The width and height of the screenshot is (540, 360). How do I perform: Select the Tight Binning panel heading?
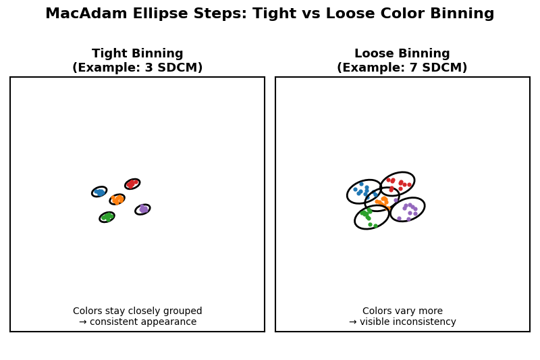(138, 54)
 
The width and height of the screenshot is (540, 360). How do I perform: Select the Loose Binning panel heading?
(402, 54)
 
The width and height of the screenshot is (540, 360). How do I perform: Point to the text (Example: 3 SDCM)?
(138, 68)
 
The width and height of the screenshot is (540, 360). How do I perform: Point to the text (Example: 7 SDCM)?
(402, 68)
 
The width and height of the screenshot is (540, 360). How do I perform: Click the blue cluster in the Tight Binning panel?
(99, 192)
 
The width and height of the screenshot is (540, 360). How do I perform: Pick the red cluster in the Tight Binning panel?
(132, 184)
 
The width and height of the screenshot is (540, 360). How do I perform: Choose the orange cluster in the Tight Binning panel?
(117, 199)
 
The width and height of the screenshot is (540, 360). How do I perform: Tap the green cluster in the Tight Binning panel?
(107, 217)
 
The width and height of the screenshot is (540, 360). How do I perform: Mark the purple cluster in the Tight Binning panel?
(142, 209)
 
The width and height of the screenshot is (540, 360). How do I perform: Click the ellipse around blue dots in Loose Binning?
(364, 192)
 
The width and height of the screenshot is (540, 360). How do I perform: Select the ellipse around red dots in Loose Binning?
(398, 184)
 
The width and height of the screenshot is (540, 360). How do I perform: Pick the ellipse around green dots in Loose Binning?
(372, 217)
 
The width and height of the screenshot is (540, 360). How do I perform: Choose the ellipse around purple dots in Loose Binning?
(408, 209)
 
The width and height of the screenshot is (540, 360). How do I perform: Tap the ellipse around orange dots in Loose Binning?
(382, 200)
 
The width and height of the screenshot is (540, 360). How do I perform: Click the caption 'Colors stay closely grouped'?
(138, 311)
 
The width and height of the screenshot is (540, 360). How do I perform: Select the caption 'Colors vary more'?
(402, 311)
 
